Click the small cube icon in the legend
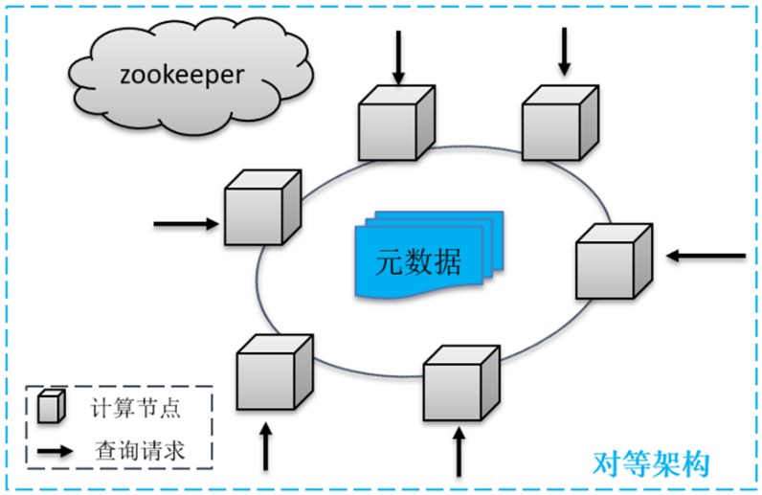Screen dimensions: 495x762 coord(52,408)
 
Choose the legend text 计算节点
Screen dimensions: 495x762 coord(137,409)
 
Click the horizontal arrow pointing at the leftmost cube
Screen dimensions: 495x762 coord(186,225)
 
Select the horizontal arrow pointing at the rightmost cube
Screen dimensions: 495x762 coord(706,256)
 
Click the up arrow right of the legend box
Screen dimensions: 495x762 coord(267,446)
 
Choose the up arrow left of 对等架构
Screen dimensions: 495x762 coord(460,452)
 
